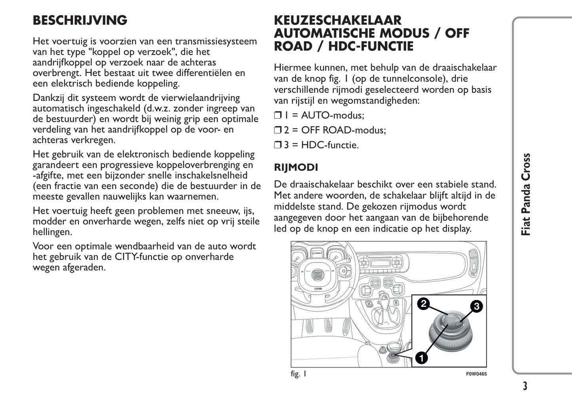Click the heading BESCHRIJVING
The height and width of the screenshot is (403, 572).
click(x=80, y=21)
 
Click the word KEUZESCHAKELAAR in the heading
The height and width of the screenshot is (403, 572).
click(x=338, y=20)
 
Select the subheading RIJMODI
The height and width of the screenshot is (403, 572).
click(x=296, y=167)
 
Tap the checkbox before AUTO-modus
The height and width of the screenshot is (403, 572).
click(x=277, y=115)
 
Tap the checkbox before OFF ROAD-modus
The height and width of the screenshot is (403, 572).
click(x=277, y=130)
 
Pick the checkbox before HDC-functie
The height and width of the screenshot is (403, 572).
click(x=277, y=145)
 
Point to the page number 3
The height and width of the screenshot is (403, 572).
click(x=525, y=386)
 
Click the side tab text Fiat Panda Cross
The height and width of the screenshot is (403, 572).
click(x=526, y=195)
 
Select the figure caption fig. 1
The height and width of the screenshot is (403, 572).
click(x=298, y=374)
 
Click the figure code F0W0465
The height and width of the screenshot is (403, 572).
click(x=476, y=374)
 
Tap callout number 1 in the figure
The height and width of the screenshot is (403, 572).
click(x=421, y=358)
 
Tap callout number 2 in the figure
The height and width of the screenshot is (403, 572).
click(x=424, y=304)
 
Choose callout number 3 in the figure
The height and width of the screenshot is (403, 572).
click(x=476, y=306)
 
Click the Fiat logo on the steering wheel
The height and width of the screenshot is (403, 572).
click(x=317, y=274)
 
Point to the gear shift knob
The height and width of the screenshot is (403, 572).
click(x=383, y=297)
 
